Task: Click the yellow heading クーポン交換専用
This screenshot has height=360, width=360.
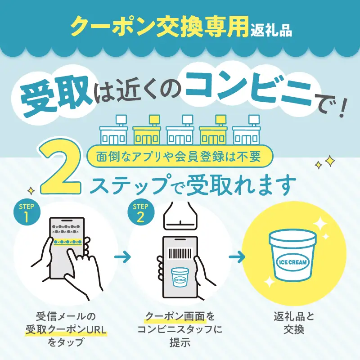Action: [x=160, y=28]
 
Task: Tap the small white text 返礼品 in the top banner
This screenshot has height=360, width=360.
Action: [x=271, y=31]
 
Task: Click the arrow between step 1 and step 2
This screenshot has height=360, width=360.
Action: [x=122, y=257]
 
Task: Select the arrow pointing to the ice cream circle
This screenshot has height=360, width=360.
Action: [x=237, y=257]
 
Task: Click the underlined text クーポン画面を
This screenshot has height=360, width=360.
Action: [x=180, y=317]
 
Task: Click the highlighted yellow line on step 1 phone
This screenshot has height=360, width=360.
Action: [x=66, y=242]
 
